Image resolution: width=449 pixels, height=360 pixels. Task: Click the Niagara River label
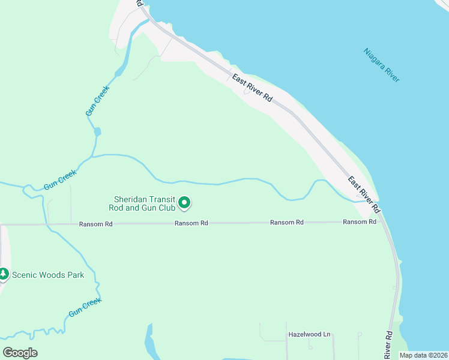382,65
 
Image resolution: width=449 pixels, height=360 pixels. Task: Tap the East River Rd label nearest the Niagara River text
252,90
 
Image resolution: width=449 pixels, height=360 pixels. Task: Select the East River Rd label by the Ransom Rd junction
364,195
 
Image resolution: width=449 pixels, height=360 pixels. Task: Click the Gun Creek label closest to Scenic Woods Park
84,308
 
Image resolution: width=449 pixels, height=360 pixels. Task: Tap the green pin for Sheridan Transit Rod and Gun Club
185,205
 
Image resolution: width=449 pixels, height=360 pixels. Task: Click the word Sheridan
129,199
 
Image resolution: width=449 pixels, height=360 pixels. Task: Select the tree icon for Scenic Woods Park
4,275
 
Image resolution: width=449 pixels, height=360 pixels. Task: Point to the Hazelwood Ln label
310,334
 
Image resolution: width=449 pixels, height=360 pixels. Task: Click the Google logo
20,353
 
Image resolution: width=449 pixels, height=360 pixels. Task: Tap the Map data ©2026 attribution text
423,355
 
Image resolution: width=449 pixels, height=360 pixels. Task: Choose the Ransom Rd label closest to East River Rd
360,222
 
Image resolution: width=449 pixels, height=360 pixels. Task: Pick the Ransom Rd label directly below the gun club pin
191,223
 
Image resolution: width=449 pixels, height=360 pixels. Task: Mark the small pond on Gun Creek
97,131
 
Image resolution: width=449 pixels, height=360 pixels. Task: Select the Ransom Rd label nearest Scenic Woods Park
95,224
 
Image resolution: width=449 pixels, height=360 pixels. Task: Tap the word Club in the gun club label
165,208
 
